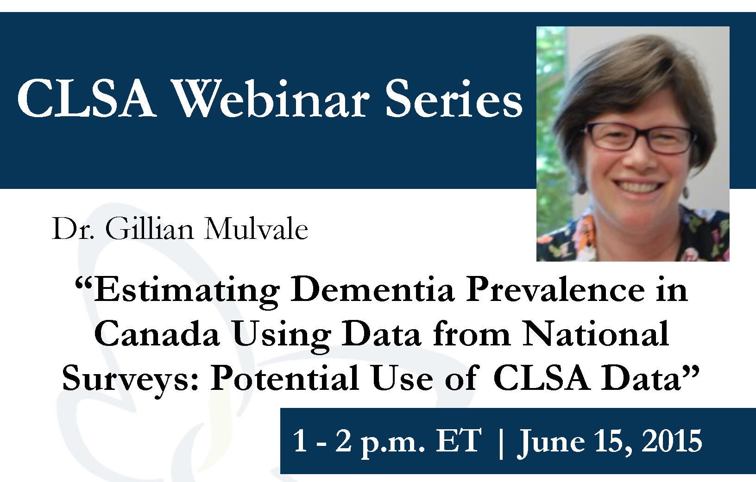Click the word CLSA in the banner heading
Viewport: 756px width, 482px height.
[87, 99]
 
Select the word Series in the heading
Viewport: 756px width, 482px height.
[454, 99]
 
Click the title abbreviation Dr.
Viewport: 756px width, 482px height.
[73, 229]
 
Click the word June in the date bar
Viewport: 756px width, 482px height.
[551, 442]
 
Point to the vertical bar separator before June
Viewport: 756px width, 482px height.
[501, 443]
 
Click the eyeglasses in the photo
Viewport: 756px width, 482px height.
[638, 138]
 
